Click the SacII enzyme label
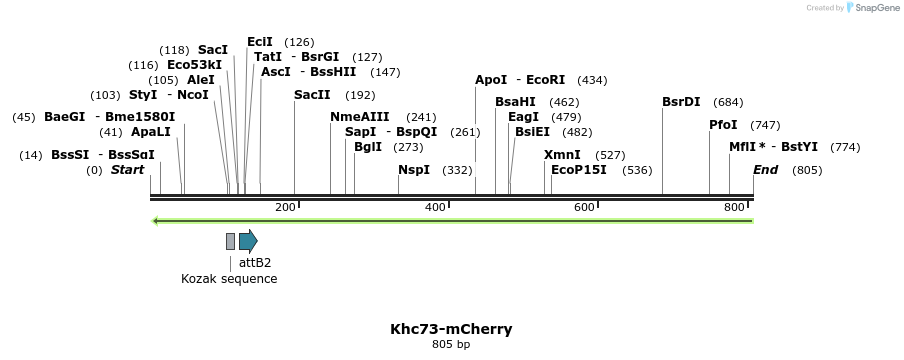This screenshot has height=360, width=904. (312, 95)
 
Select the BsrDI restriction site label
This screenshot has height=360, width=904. (681, 102)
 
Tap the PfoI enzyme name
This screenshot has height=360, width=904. (723, 125)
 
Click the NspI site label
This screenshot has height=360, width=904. (414, 170)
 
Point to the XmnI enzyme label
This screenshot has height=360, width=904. (562, 155)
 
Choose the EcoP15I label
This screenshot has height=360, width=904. (579, 170)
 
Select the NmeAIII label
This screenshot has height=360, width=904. (360, 117)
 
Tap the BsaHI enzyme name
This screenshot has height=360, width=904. (516, 102)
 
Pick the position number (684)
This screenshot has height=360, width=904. (729, 102)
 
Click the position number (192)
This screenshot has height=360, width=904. (360, 95)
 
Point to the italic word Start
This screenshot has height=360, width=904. (128, 170)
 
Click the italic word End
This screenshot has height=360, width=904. (766, 170)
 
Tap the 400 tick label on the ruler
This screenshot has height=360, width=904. (435, 207)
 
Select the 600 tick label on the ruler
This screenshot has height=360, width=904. (584, 207)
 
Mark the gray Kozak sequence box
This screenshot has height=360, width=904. (230, 241)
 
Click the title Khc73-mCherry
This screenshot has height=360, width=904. (451, 329)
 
